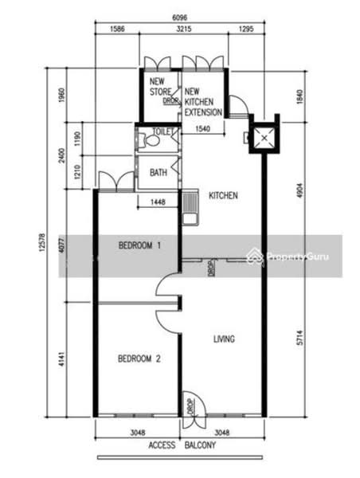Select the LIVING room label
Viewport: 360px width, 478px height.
pyautogui.click(x=224, y=340)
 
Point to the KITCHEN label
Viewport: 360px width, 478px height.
pyautogui.click(x=223, y=195)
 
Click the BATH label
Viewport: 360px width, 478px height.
pyautogui.click(x=158, y=171)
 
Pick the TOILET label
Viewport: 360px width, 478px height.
pyautogui.click(x=163, y=133)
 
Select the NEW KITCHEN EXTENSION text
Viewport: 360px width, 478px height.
pyautogui.click(x=203, y=102)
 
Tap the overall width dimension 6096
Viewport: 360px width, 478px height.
pyautogui.click(x=178, y=15)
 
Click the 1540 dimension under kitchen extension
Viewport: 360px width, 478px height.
pyautogui.click(x=205, y=129)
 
